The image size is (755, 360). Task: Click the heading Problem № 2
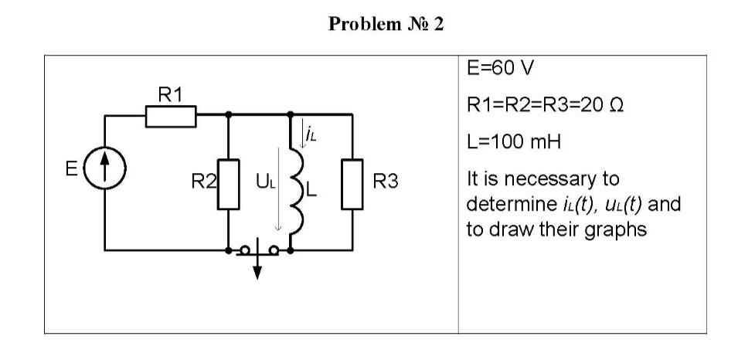point(377,24)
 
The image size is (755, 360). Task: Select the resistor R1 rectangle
point(170,117)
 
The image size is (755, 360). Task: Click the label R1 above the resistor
point(171,95)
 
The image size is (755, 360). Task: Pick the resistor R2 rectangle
point(229,184)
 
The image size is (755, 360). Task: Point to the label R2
point(205,184)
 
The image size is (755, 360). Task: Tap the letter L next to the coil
point(312,185)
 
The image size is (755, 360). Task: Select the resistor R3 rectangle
point(352,184)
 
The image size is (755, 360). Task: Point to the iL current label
point(311,135)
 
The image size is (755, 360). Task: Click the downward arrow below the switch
point(258,270)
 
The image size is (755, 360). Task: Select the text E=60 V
point(501,70)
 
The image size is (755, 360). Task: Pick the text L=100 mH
point(511,143)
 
